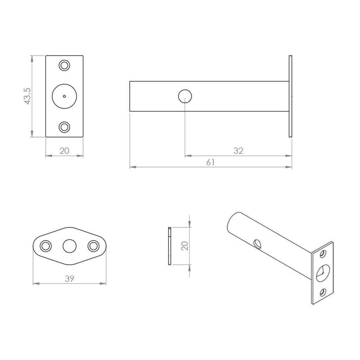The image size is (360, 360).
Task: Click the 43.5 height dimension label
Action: tap(28, 96)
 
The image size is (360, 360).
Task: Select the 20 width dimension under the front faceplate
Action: tap(64, 151)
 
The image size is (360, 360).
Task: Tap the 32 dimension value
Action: tap(238, 151)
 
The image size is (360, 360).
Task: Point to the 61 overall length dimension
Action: tap(210, 162)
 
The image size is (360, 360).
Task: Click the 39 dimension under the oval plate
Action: tap(70, 279)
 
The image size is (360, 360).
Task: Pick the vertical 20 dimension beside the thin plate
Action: tap(185, 245)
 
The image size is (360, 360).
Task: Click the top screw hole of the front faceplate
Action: tap(64, 65)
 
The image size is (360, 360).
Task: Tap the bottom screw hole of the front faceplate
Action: tap(64, 127)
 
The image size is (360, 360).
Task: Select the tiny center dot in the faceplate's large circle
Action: tap(64, 96)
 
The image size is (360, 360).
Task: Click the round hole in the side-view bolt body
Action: tap(185, 96)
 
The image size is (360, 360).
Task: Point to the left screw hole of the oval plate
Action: tap(45, 246)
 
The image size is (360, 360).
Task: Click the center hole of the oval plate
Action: tap(69, 246)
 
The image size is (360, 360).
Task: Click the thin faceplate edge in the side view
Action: tap(290, 96)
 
